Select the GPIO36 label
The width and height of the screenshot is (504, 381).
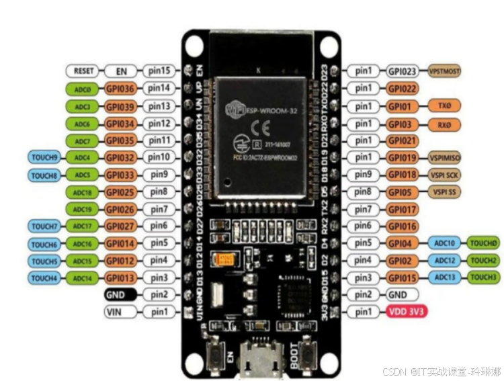pyautogui.click(x=121, y=88)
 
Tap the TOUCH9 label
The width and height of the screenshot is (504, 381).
pyautogui.click(x=45, y=157)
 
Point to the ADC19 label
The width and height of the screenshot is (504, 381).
pyautogui.click(x=83, y=209)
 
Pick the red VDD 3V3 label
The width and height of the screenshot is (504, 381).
pyautogui.click(x=407, y=312)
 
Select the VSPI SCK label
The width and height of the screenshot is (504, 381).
pyautogui.click(x=445, y=175)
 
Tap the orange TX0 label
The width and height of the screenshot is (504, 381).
pyautogui.click(x=445, y=105)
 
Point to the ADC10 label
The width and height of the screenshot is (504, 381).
pyautogui.click(x=445, y=243)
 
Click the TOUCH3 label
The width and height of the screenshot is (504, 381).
pyautogui.click(x=484, y=278)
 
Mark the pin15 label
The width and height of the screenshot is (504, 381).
pyautogui.click(x=159, y=71)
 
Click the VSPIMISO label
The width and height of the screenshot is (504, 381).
pyautogui.click(x=445, y=157)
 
